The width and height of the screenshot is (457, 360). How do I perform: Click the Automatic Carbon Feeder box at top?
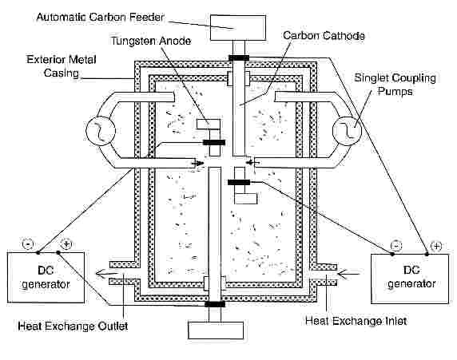point(238,28)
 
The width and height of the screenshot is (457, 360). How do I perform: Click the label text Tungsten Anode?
point(151,41)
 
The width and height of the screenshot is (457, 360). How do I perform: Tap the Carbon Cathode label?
point(324,36)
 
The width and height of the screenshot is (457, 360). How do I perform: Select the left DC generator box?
point(46,277)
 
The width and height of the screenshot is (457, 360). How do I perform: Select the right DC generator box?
point(410,279)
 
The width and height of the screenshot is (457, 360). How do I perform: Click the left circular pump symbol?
point(101,130)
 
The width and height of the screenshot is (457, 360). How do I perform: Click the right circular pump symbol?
point(347,131)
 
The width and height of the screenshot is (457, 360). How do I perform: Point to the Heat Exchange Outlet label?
point(73,326)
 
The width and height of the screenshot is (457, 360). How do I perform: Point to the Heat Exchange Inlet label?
point(356,321)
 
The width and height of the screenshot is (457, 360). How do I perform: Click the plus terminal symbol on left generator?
point(66,243)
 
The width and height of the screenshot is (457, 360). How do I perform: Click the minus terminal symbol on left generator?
point(28,243)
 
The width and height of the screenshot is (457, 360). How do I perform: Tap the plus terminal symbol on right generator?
point(436,246)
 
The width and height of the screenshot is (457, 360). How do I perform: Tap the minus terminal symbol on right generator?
point(396,246)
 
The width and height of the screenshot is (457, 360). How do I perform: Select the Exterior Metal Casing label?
point(62,66)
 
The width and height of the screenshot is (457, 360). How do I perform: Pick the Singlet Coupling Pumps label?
point(395,85)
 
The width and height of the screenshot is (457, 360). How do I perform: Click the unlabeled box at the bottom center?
point(216,330)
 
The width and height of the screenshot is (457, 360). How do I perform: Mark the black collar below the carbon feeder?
point(239,58)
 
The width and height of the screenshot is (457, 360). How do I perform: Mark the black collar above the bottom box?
point(215,304)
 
